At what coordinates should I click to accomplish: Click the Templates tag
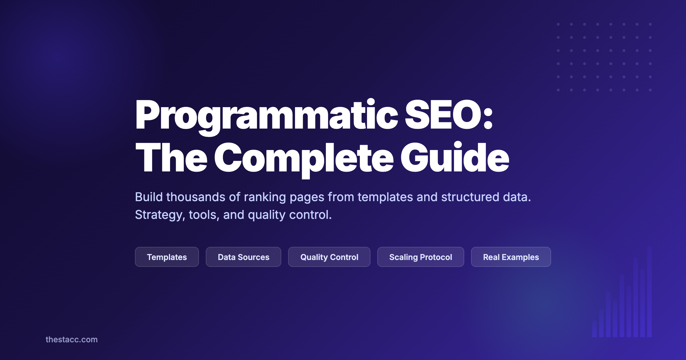(167, 257)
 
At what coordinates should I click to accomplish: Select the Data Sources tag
(243, 257)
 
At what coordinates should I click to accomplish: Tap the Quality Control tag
(329, 257)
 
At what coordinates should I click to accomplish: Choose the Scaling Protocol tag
(420, 257)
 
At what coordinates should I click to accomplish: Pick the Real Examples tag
(511, 257)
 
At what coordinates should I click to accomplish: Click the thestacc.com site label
(71, 339)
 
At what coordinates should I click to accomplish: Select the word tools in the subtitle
(204, 215)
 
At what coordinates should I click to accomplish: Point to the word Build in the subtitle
(149, 197)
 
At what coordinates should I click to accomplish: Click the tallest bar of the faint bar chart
(649, 291)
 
